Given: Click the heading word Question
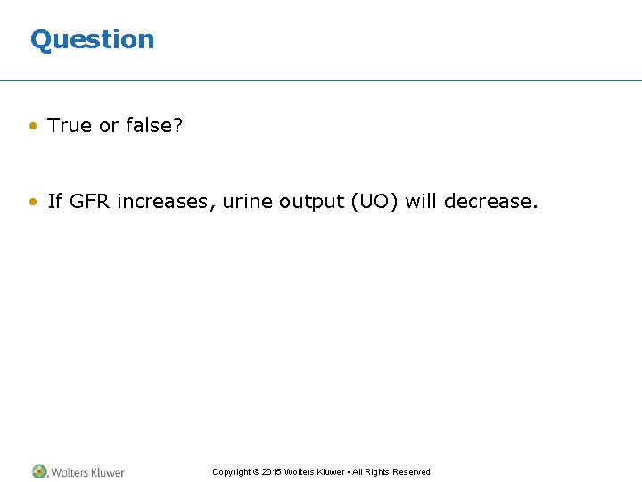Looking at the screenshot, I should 92,39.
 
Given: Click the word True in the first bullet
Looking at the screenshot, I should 70,126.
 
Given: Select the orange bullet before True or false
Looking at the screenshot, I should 32,127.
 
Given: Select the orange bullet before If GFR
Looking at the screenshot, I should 32,203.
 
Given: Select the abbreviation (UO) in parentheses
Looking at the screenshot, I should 374,202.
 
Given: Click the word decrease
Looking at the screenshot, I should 490,202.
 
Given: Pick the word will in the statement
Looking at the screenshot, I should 421,202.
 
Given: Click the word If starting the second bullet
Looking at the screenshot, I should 55,202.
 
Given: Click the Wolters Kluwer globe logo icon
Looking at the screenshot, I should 40,471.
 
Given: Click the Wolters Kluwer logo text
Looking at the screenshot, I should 87,472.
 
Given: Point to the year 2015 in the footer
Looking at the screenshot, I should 271,472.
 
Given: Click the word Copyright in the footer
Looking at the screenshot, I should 231,472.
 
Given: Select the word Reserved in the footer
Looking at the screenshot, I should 410,472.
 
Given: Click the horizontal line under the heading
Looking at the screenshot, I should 321,81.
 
